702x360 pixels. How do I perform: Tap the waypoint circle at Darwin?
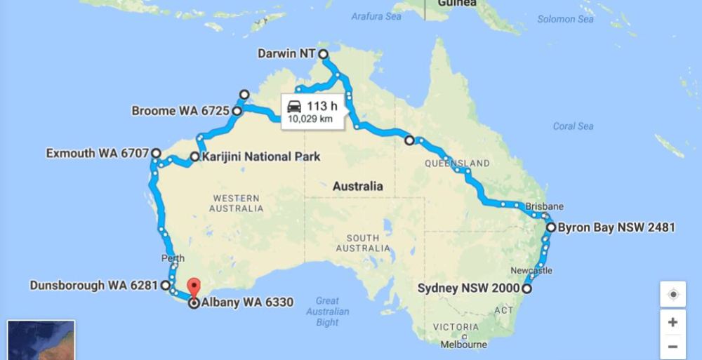point(323,54)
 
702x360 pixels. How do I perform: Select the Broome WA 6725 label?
point(180,111)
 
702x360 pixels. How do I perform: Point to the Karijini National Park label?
point(260,156)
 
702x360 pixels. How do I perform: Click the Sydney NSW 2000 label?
point(468,288)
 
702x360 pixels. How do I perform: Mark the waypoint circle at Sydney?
point(526,288)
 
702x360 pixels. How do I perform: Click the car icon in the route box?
point(295,107)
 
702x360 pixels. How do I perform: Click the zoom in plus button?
point(673,322)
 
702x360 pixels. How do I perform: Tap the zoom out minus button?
point(673,346)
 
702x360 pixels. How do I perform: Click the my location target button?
point(673,294)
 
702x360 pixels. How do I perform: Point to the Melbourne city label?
point(463,345)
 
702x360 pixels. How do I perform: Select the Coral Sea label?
point(573,126)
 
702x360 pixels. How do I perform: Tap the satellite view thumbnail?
point(41,340)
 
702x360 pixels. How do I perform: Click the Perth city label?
point(173,258)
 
